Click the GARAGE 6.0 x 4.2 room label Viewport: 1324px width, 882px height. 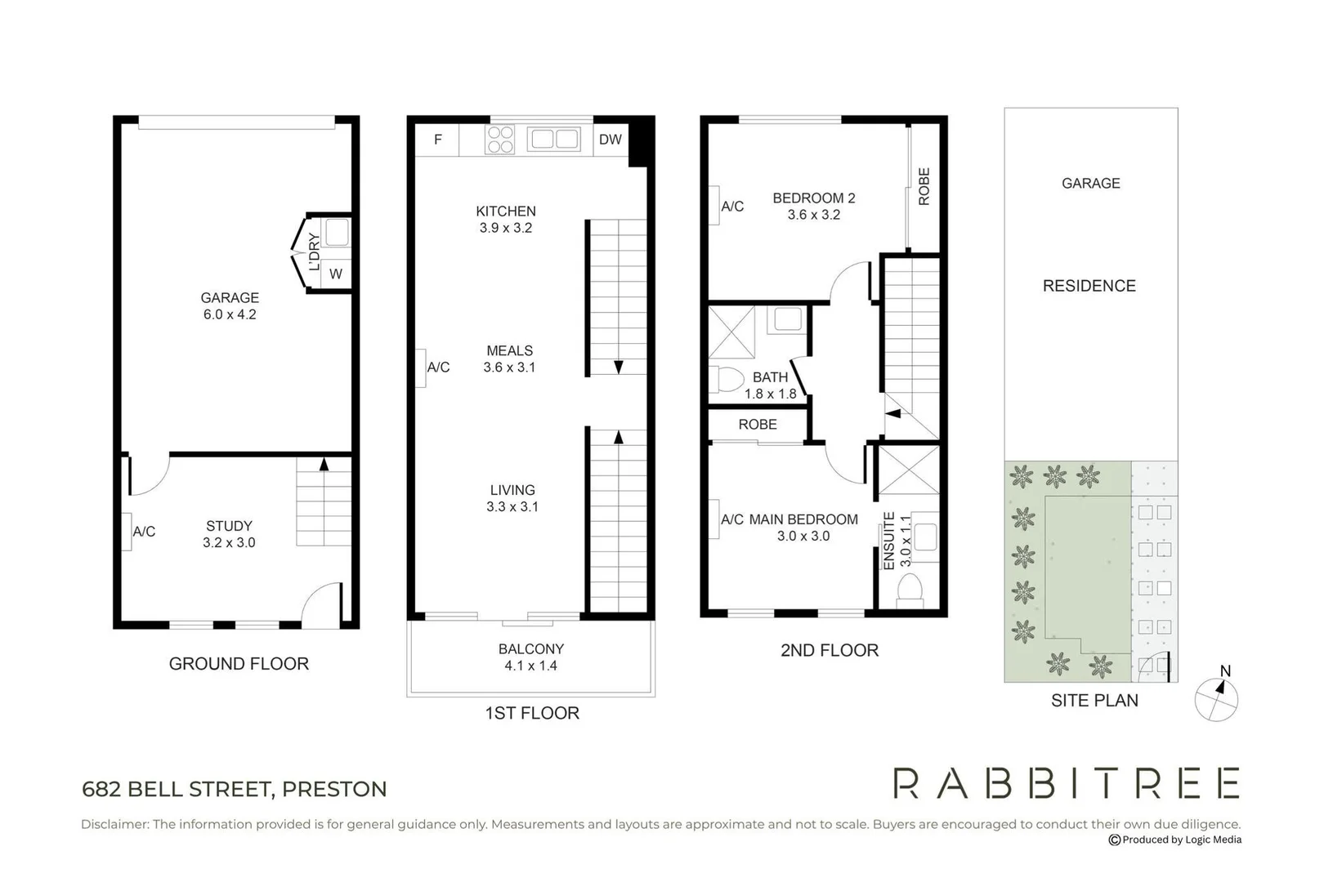(230, 306)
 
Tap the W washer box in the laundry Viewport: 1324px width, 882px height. (336, 274)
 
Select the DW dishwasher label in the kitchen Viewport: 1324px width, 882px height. (610, 140)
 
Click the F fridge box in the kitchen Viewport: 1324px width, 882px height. (437, 140)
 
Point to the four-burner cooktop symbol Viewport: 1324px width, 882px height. (501, 140)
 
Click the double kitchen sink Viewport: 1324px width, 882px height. (555, 140)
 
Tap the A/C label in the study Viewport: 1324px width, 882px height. (144, 532)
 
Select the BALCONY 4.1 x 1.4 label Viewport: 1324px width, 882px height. (531, 657)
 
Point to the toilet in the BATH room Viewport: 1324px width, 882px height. (727, 379)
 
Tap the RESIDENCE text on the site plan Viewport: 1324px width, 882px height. (1089, 286)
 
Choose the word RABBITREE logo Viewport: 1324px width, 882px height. (1066, 783)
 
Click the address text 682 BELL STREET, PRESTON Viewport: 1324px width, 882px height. (235, 790)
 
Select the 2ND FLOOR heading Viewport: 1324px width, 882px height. (830, 651)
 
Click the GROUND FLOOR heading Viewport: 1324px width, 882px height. (239, 664)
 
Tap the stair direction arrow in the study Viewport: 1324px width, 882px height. (324, 464)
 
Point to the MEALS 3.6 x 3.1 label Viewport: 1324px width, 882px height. (509, 359)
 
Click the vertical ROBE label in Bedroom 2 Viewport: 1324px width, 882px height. (924, 186)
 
